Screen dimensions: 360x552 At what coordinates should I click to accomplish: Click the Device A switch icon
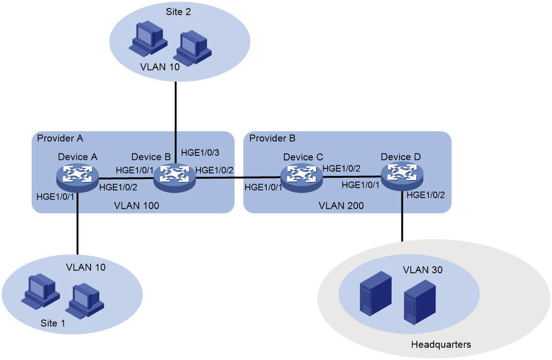(77, 178)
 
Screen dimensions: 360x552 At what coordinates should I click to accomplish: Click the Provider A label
(60, 138)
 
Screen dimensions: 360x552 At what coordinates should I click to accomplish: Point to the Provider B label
(272, 138)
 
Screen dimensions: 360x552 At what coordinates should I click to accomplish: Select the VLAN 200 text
(341, 205)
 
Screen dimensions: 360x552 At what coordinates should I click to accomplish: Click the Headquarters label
(441, 345)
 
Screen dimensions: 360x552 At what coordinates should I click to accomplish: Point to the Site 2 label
(179, 12)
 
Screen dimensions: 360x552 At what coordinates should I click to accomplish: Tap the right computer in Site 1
(85, 300)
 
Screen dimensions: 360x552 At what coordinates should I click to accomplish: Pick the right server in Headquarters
(420, 301)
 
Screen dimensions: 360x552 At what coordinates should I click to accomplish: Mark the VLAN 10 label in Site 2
(159, 66)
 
